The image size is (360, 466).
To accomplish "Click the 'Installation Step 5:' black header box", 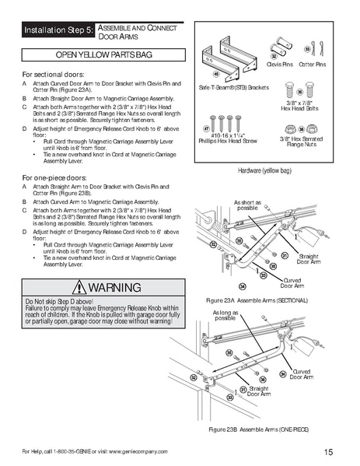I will (58, 31).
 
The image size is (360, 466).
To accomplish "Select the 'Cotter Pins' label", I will (313, 65).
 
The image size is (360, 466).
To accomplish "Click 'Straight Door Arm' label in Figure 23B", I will (258, 391).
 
